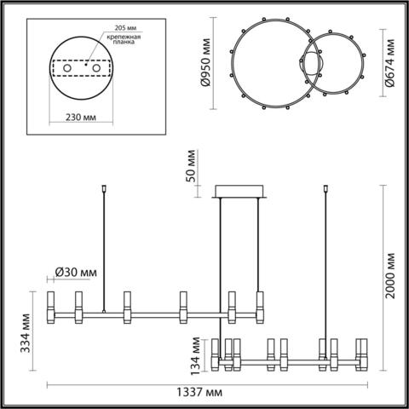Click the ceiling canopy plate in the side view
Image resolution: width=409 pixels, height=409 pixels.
pyautogui.click(x=241, y=192)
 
